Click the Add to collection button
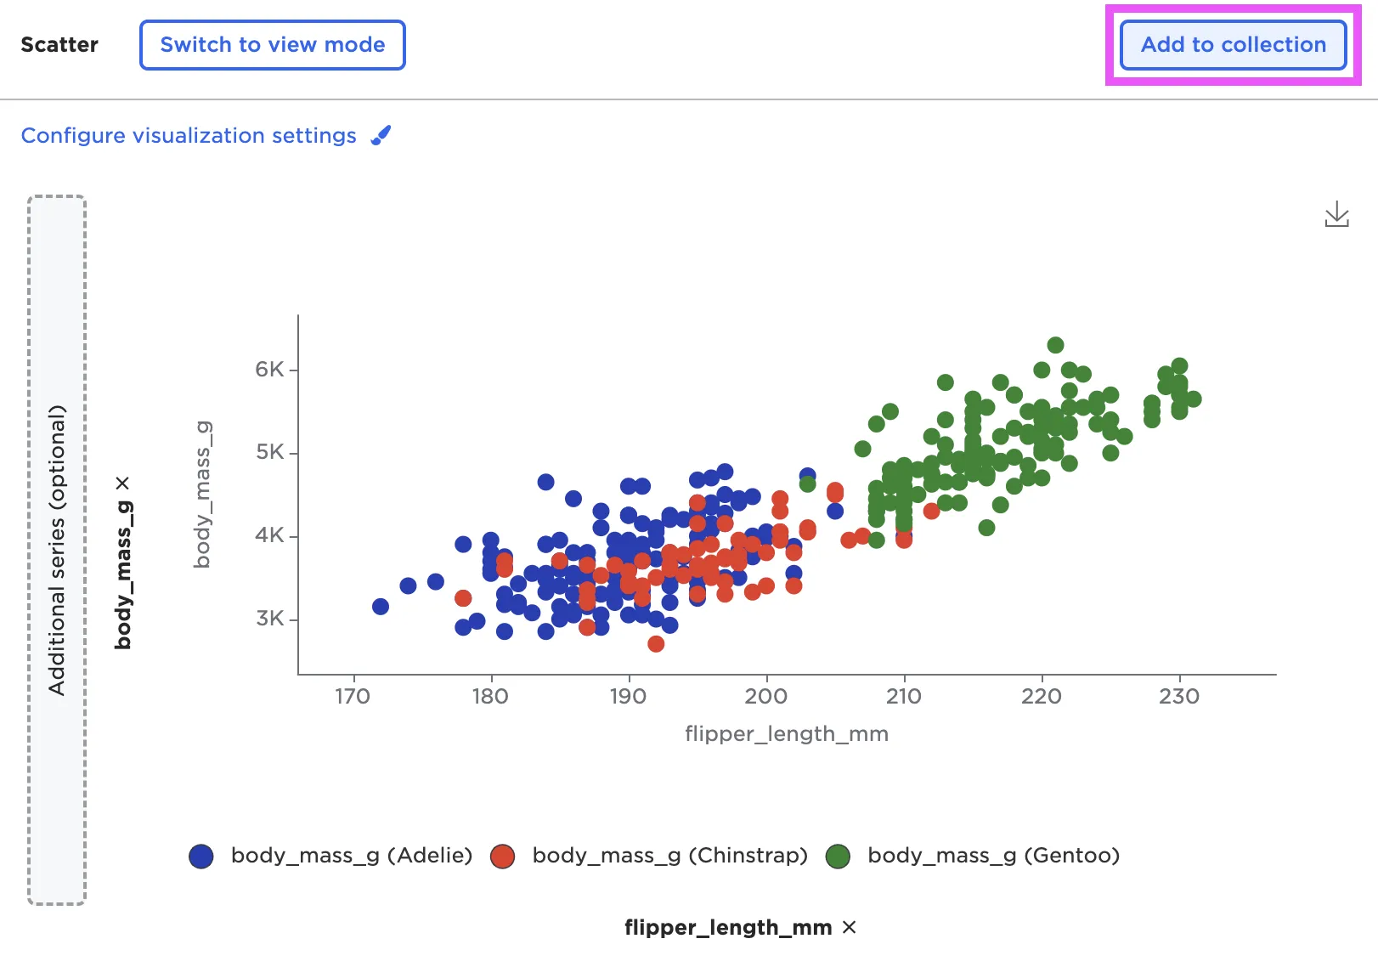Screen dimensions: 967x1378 point(1233,45)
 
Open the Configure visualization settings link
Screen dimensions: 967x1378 point(189,136)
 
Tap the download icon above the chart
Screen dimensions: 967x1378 point(1336,214)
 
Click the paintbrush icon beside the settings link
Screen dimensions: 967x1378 point(381,135)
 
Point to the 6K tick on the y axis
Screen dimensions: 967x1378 point(270,370)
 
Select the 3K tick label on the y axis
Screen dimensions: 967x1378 point(270,619)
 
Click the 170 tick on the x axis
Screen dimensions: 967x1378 point(353,697)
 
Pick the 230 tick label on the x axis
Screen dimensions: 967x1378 point(1179,697)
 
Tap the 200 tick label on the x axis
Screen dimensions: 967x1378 point(766,697)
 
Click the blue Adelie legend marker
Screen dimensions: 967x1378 point(201,857)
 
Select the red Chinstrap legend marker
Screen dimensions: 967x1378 point(503,857)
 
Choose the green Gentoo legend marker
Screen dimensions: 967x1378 point(839,857)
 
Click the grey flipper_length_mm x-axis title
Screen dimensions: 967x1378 point(787,734)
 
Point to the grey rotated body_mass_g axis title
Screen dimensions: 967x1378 point(202,495)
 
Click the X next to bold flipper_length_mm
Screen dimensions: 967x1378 point(850,927)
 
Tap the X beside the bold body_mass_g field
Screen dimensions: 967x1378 point(123,483)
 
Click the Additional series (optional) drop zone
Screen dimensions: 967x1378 point(57,550)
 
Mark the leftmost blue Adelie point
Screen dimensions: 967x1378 point(381,607)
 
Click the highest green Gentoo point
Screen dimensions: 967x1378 point(1055,345)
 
